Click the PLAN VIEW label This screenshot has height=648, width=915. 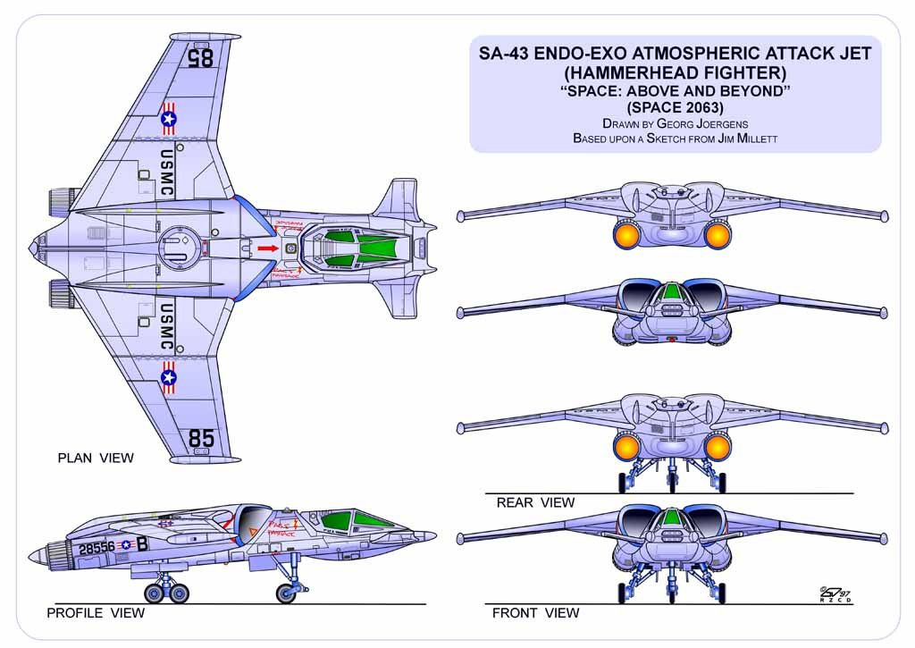pos(96,459)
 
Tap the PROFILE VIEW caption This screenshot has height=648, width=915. pos(96,613)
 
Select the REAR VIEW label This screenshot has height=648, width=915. pos(535,503)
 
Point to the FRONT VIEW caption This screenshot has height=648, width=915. pos(535,613)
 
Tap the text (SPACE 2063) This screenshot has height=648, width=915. pos(676,107)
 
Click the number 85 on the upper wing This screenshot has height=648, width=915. pos(201,58)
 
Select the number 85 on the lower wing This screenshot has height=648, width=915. pos(202,439)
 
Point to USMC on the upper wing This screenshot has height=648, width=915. pos(167,173)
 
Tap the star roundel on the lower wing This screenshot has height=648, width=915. pos(169,379)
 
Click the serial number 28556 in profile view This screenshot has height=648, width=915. pos(97,547)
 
